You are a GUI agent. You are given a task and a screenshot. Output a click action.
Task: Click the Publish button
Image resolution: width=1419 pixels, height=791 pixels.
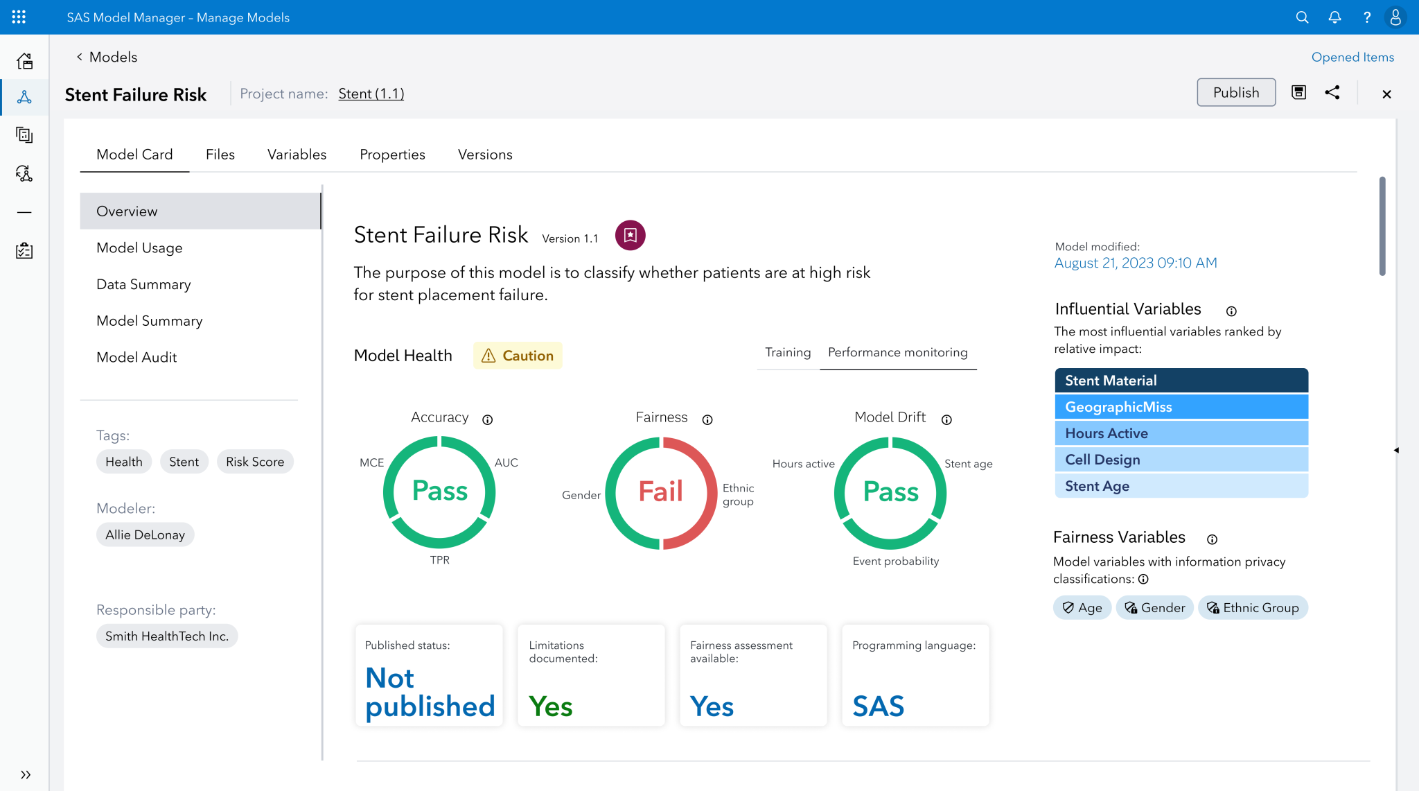1235,93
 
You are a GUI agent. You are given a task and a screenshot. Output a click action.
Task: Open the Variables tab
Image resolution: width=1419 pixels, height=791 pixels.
297,155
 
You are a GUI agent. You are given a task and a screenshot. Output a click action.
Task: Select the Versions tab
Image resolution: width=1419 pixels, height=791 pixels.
485,155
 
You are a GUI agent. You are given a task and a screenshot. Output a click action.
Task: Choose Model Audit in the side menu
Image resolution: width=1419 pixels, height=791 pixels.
136,358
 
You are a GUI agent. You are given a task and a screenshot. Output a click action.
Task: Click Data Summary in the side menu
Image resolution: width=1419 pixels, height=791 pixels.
143,285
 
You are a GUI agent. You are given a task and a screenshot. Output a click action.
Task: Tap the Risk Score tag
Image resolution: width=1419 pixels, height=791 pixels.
255,462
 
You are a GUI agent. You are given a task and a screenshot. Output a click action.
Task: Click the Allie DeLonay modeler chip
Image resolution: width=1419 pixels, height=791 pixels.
145,535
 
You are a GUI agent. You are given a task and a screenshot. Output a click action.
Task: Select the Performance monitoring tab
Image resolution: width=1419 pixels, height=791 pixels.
897,353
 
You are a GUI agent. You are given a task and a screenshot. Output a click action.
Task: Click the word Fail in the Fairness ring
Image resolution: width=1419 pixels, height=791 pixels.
660,492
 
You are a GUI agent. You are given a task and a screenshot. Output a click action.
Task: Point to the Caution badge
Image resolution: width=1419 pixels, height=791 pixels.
518,356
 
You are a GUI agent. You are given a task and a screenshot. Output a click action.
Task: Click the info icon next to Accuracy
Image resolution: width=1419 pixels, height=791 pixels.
488,420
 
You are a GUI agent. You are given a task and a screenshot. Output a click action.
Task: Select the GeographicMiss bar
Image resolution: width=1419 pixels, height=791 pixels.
1181,408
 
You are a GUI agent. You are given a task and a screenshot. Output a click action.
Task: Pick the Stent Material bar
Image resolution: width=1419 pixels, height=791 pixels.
1181,381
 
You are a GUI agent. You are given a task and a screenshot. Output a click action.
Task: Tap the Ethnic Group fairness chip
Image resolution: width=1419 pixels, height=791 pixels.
1253,608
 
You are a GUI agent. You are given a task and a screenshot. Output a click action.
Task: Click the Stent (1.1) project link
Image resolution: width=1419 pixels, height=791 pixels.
371,94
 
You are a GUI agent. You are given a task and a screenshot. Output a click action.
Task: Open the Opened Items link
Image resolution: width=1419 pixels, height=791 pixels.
1352,58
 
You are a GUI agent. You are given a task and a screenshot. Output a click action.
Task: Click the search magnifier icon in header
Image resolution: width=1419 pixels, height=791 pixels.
1302,18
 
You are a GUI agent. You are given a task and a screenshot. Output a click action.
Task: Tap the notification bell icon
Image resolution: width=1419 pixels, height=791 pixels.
1334,18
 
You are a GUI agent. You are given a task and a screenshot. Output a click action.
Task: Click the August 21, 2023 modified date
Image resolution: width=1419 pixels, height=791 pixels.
1135,263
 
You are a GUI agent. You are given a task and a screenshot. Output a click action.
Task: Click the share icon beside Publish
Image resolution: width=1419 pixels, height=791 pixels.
1332,93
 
